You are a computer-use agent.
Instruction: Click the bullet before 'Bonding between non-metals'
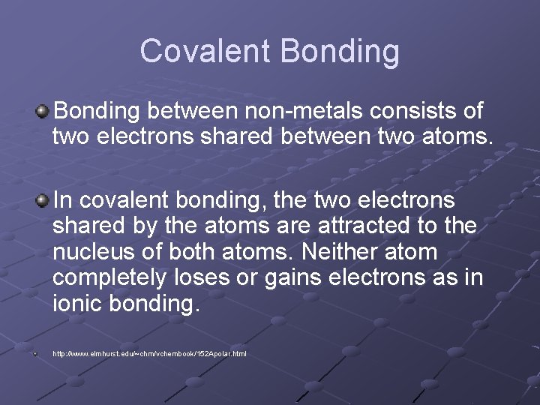(43, 112)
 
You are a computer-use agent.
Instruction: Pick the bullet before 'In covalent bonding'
(43, 200)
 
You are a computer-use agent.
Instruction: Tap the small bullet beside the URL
(34, 352)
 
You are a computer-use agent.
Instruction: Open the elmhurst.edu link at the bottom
(149, 353)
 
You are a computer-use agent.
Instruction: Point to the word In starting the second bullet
(63, 201)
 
